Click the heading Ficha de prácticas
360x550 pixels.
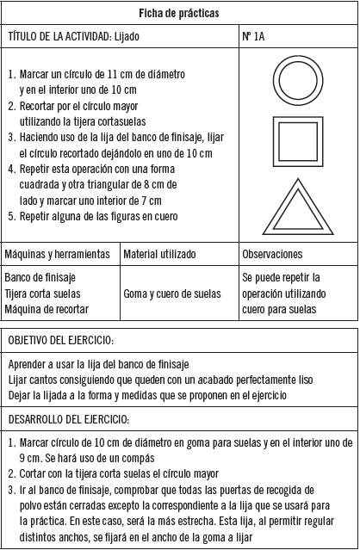coord(179,14)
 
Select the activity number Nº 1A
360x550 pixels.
coord(255,37)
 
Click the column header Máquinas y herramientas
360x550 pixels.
coord(58,255)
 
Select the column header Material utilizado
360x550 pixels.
coord(159,255)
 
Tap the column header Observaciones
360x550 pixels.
coord(272,255)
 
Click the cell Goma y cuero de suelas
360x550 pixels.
coord(172,294)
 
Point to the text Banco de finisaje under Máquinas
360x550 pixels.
coord(40,278)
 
